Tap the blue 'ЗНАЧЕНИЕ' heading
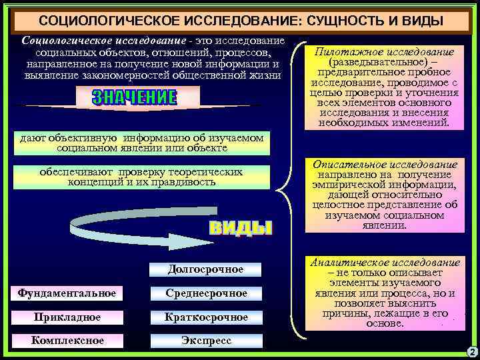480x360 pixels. click(135, 98)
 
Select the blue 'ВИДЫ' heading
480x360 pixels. click(241, 227)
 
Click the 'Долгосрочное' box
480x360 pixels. click(205, 269)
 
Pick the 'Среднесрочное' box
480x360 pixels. click(206, 293)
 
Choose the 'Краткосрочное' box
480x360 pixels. click(206, 317)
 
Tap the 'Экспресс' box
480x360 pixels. click(206, 341)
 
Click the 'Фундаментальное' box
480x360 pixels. click(67, 293)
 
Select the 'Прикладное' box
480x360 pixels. click(67, 317)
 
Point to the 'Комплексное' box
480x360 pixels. click(67, 341)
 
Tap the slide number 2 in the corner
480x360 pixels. click(471, 351)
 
